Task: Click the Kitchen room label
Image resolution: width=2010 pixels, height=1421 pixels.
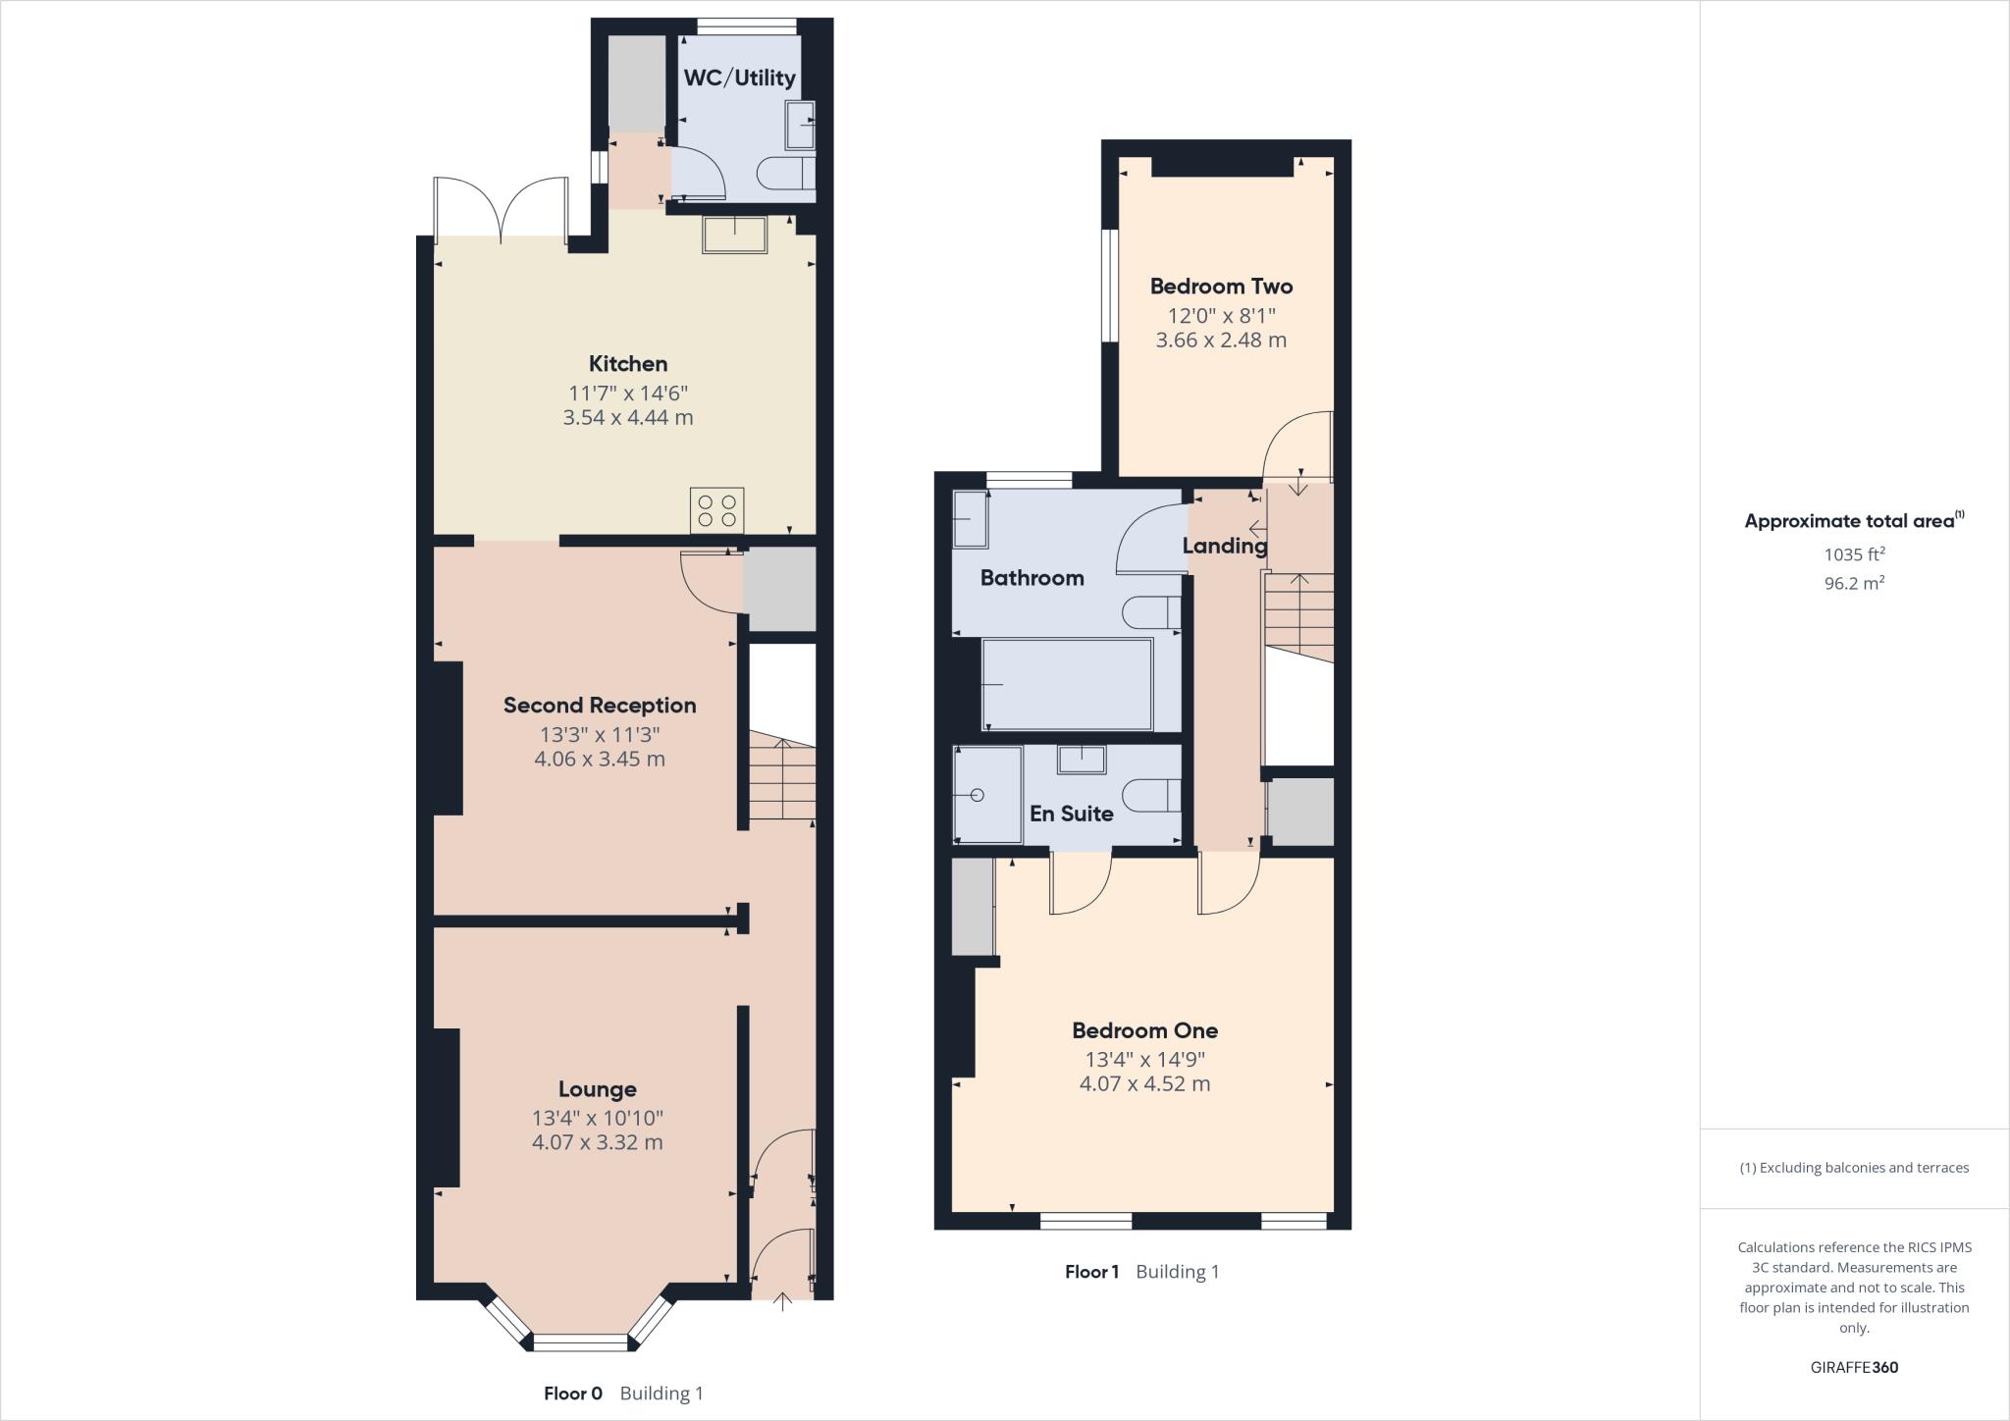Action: coord(628,364)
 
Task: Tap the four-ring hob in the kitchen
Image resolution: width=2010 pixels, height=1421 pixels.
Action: coord(716,510)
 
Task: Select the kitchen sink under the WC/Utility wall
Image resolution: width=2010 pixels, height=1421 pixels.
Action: coord(734,235)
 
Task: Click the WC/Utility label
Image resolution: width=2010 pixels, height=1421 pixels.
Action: coord(739,78)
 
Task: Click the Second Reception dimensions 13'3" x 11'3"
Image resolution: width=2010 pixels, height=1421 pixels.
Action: coord(599,734)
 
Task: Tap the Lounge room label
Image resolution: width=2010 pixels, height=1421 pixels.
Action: coord(597,1089)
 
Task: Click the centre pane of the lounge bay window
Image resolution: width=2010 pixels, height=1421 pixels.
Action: coord(579,1342)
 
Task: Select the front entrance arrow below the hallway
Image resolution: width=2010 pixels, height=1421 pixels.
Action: coord(782,1302)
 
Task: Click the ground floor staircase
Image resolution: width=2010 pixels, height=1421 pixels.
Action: coord(782,780)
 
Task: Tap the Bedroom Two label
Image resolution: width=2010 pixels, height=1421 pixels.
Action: coord(1221,287)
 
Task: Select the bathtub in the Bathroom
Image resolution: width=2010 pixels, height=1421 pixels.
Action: coord(1067,684)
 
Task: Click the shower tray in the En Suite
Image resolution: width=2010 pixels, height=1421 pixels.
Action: coord(987,795)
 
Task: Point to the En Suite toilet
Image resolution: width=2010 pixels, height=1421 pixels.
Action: coord(1152,795)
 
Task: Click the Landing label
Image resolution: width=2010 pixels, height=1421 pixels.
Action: coord(1224,546)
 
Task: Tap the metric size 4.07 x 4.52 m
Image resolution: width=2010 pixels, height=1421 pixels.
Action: coord(1144,1084)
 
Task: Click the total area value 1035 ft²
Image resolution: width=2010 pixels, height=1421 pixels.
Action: coord(1854,554)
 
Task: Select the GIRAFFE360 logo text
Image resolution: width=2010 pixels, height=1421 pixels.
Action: coord(1854,1367)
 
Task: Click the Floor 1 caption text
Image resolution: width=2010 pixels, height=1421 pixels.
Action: coord(1091,1272)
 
